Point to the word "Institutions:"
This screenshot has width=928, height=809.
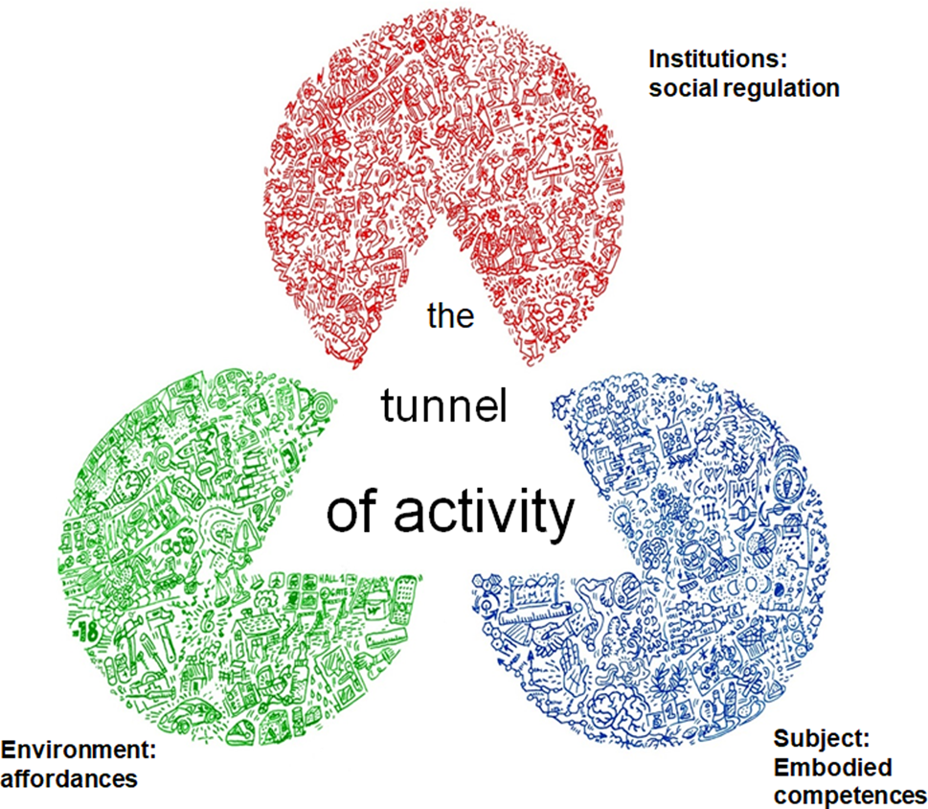[718, 58]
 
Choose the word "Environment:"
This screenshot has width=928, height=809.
[79, 748]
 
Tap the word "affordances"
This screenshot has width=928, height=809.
[69, 777]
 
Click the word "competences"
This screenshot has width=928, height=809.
[849, 796]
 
